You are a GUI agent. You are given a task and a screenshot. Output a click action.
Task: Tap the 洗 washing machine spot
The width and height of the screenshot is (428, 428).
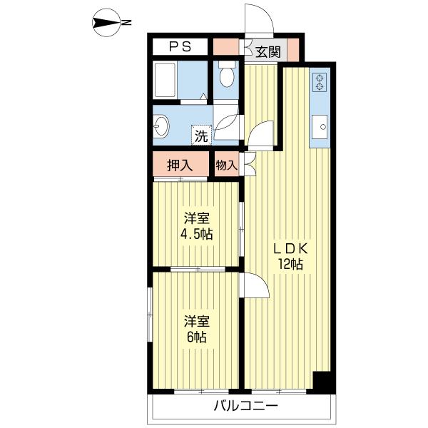pos(201,135)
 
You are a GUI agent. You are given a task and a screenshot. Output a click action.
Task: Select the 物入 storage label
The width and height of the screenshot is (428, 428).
pos(226,165)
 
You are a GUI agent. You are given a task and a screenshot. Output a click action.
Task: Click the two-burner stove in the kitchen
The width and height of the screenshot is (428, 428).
pos(320,81)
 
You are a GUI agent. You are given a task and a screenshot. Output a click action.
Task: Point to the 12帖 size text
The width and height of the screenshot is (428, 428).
pos(291,265)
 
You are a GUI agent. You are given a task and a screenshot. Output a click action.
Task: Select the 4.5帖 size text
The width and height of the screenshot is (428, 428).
pos(195,235)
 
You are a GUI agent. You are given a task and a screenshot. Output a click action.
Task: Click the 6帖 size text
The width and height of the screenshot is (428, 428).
pos(195,337)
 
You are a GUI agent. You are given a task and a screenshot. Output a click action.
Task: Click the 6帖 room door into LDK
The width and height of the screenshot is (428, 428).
pos(254,287)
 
